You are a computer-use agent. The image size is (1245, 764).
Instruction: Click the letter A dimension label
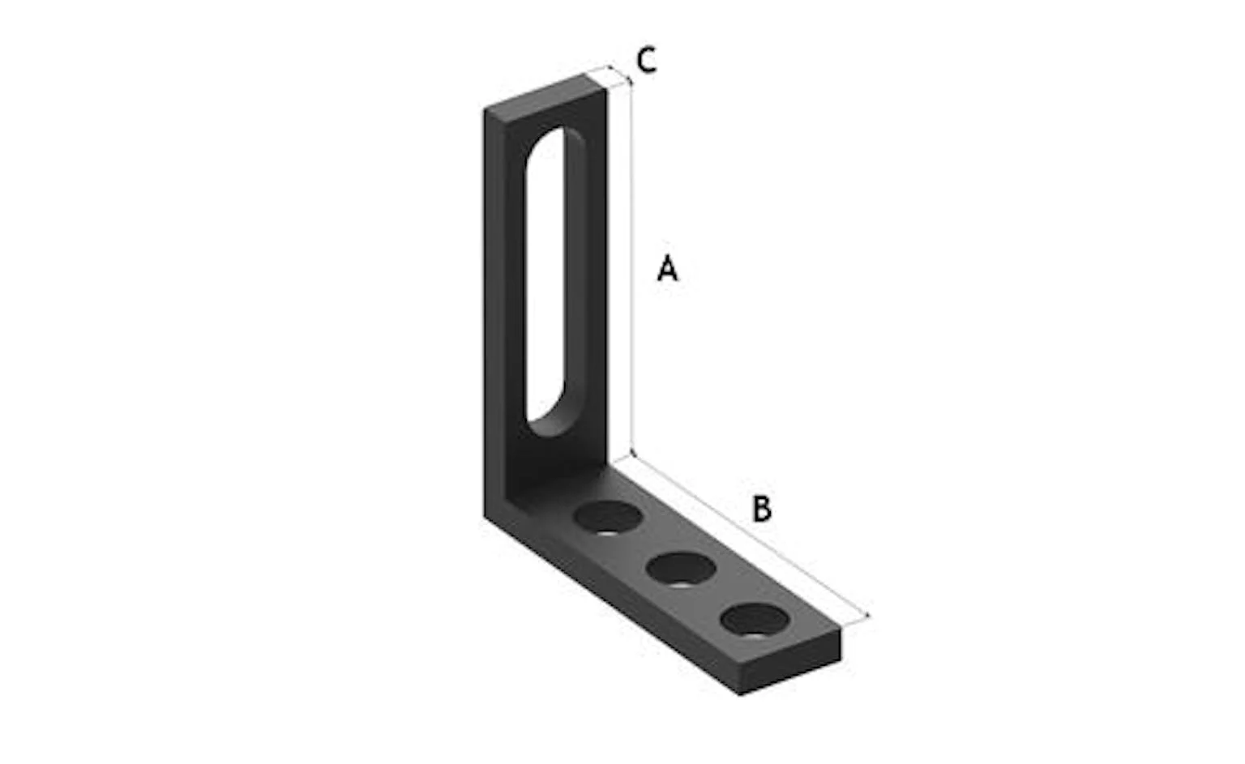(x=668, y=267)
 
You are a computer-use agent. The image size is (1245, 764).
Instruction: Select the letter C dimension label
(x=646, y=60)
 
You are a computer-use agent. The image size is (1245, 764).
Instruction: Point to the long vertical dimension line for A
(x=632, y=267)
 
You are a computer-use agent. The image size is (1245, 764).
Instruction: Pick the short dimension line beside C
(x=620, y=75)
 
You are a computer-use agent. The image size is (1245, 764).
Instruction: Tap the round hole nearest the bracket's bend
(x=608, y=517)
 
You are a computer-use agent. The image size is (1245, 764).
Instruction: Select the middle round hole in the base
(x=681, y=569)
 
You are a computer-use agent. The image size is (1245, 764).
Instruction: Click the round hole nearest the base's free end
(x=755, y=620)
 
